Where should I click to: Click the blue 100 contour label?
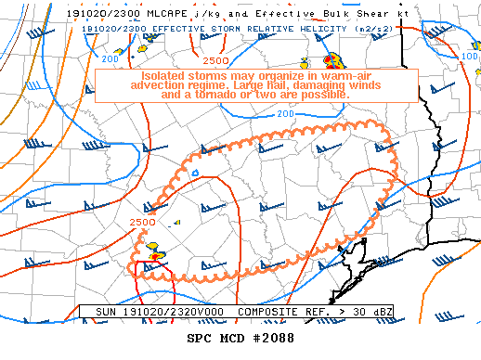(x=468, y=57)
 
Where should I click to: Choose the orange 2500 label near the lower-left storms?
(x=142, y=223)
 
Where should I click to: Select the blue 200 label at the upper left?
(x=110, y=59)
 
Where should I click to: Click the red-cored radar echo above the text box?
(x=330, y=61)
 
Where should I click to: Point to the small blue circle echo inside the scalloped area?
(x=194, y=172)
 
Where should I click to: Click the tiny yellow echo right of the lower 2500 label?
(x=176, y=223)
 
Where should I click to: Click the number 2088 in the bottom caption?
(x=276, y=338)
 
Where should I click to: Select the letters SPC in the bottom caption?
(x=200, y=338)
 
